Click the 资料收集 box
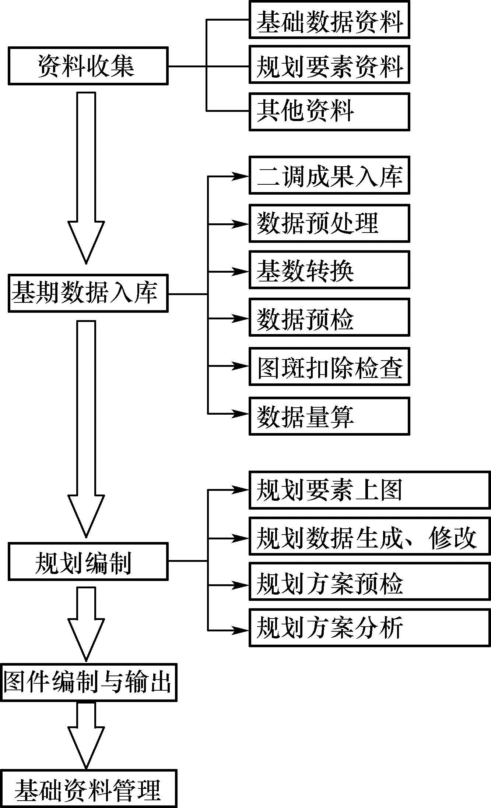tap(88, 66)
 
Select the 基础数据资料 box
tap(329, 20)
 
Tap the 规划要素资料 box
tap(329, 65)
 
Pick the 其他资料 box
tap(329, 111)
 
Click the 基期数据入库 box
tap(88, 293)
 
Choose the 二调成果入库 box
tap(329, 175)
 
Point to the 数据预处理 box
tap(329, 223)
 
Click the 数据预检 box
tap(329, 317)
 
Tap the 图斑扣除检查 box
tap(329, 366)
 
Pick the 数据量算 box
tap(329, 416)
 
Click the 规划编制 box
tap(88, 561)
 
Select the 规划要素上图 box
tap(369, 490)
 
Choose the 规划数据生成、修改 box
tap(369, 538)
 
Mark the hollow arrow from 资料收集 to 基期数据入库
tap(86, 177)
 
